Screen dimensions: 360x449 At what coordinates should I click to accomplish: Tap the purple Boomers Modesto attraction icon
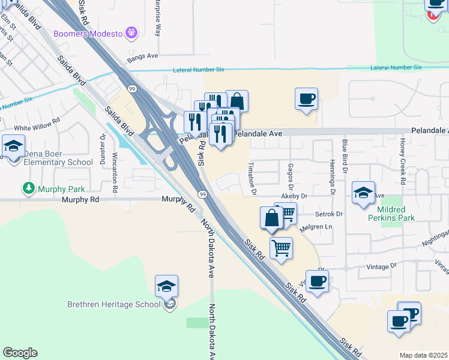coord(133,33)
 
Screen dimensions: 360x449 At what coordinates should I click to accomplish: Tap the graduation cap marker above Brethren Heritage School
coord(166,286)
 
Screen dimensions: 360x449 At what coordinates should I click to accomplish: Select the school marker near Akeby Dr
coord(363,193)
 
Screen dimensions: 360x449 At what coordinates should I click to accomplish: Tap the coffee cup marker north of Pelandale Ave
coord(306,99)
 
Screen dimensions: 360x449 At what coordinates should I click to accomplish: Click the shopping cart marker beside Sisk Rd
coord(281,248)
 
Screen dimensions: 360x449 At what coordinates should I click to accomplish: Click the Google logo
coord(20,353)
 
